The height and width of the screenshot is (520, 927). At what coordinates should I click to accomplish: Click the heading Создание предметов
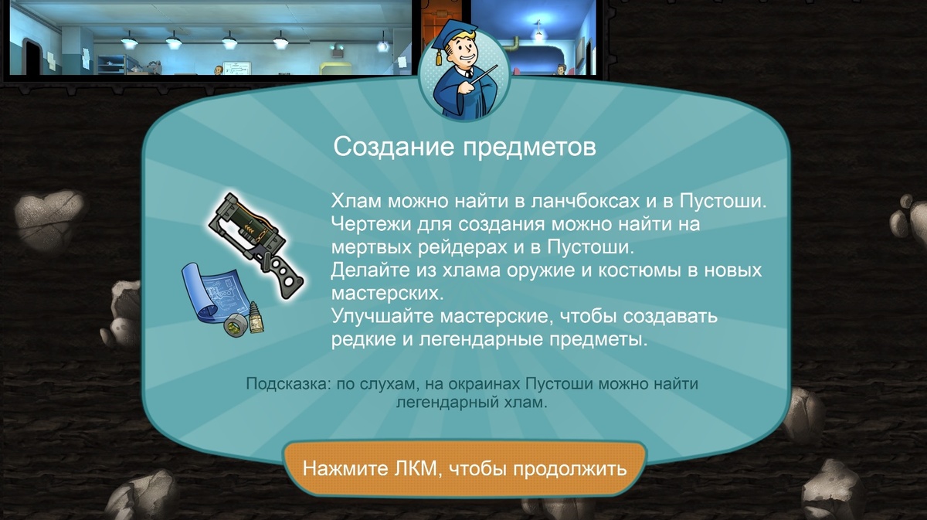464,147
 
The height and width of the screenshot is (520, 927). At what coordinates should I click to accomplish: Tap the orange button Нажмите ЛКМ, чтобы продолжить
463,468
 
